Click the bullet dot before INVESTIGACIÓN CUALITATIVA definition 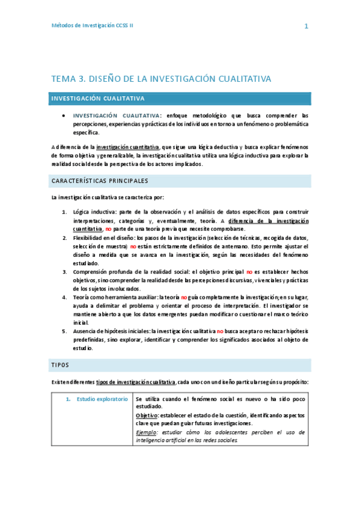(63, 115)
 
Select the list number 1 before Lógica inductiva (65, 212)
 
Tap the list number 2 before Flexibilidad (65, 238)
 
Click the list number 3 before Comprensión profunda (65, 272)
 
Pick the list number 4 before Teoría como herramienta (65, 297)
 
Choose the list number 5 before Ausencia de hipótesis (65, 331)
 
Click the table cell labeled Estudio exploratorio (102, 399)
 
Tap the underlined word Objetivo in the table (147, 416)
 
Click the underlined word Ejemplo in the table (146, 432)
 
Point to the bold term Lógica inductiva (93, 212)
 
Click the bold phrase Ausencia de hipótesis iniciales (111, 331)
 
